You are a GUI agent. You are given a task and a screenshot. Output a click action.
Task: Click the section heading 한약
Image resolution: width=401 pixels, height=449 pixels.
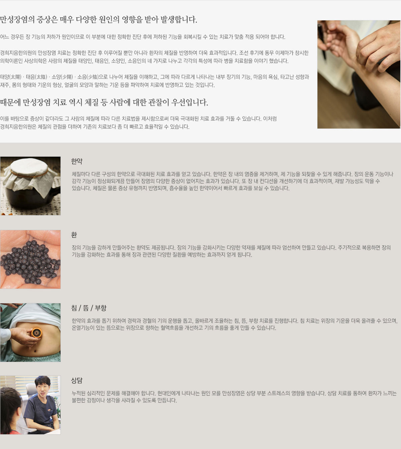[77, 161]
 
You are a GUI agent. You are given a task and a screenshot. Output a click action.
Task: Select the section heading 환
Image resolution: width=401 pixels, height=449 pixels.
[74, 235]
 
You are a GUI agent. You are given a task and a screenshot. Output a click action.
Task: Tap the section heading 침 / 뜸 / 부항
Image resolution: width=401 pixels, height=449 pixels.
[89, 308]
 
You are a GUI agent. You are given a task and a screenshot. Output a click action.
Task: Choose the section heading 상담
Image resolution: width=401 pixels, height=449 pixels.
[77, 381]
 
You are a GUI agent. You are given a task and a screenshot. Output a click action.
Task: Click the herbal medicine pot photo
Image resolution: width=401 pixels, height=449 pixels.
[30, 186]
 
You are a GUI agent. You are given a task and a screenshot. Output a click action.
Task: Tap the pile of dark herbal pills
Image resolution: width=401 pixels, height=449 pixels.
[30, 262]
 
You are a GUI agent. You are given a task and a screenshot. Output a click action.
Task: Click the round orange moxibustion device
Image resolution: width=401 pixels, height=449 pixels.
[36, 333]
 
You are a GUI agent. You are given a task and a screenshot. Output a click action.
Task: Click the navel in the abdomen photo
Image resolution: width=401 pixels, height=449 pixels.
[35, 351]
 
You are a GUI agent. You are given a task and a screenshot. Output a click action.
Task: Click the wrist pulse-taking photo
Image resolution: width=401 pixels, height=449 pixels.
[359, 74]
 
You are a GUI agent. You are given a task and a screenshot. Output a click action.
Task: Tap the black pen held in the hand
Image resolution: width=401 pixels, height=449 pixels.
[322, 42]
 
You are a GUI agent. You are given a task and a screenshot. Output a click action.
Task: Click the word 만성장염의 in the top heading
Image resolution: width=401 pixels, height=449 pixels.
[17, 19]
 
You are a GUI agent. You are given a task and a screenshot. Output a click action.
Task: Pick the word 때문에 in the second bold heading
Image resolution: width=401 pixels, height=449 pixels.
[10, 102]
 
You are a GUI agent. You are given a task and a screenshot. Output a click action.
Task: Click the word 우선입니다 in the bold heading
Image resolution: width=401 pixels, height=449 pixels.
[190, 102]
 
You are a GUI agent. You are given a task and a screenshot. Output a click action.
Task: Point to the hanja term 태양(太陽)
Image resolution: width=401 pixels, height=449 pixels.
[11, 77]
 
